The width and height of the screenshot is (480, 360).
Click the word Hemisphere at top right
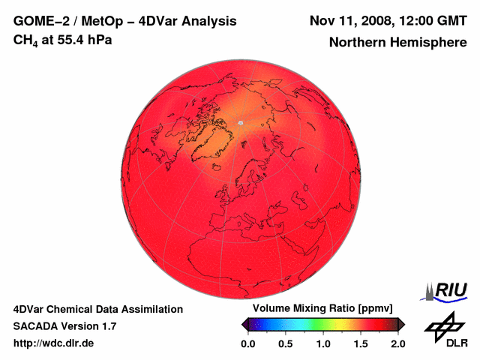[424, 43]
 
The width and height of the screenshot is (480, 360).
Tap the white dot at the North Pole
[240, 123]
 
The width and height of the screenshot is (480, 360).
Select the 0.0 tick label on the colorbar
[247, 343]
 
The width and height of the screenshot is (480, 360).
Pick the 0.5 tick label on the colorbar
[285, 343]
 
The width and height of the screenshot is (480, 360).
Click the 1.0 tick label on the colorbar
[323, 343]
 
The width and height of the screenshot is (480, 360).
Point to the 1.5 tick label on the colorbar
[361, 343]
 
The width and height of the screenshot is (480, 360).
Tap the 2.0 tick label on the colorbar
[398, 343]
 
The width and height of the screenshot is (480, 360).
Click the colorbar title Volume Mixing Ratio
[300, 309]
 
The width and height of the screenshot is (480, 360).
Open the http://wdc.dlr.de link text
[54, 343]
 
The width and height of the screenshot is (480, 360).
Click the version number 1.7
[107, 326]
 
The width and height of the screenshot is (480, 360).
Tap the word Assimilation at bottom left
[148, 309]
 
